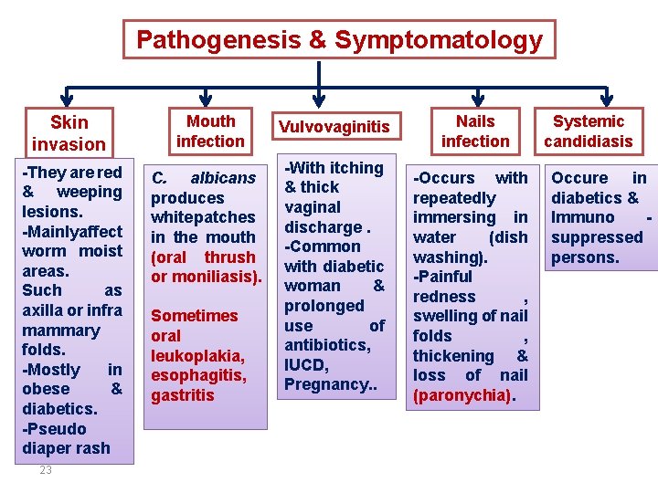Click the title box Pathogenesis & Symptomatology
(339, 40)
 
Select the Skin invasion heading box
(69, 133)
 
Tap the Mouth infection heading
(210, 131)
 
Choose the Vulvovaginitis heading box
(334, 127)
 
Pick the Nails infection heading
(475, 131)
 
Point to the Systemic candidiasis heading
(589, 131)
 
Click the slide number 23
(46, 471)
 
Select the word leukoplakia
(196, 355)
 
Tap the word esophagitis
(198, 375)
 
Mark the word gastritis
(183, 395)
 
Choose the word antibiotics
(327, 345)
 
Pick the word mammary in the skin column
(60, 330)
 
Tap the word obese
(48, 390)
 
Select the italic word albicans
(223, 178)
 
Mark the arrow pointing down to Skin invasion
(68, 100)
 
